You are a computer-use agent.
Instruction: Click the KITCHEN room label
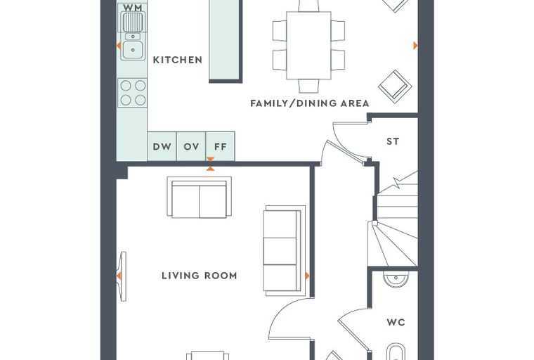(x=178, y=60)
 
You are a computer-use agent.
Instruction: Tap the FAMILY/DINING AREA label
(x=310, y=103)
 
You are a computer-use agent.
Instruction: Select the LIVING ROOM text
(x=200, y=276)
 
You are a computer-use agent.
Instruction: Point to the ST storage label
(x=393, y=141)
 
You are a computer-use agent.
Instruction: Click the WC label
(x=396, y=322)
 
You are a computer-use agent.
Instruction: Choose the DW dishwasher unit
(x=162, y=146)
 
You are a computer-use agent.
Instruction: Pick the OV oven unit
(x=191, y=146)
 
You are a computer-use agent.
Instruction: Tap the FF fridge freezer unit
(x=221, y=146)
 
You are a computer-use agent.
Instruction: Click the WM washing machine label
(x=133, y=8)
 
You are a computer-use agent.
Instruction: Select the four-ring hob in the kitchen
(x=133, y=93)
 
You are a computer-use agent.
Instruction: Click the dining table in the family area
(x=308, y=45)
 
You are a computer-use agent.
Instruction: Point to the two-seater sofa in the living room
(x=200, y=198)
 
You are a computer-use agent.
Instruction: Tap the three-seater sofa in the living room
(x=285, y=251)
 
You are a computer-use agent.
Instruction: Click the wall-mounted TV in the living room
(x=122, y=276)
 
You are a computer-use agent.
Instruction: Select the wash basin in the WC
(x=396, y=279)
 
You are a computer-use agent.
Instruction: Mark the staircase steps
(x=395, y=221)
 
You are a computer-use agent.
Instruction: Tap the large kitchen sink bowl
(x=133, y=50)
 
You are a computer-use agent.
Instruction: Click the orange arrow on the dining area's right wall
(x=415, y=45)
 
